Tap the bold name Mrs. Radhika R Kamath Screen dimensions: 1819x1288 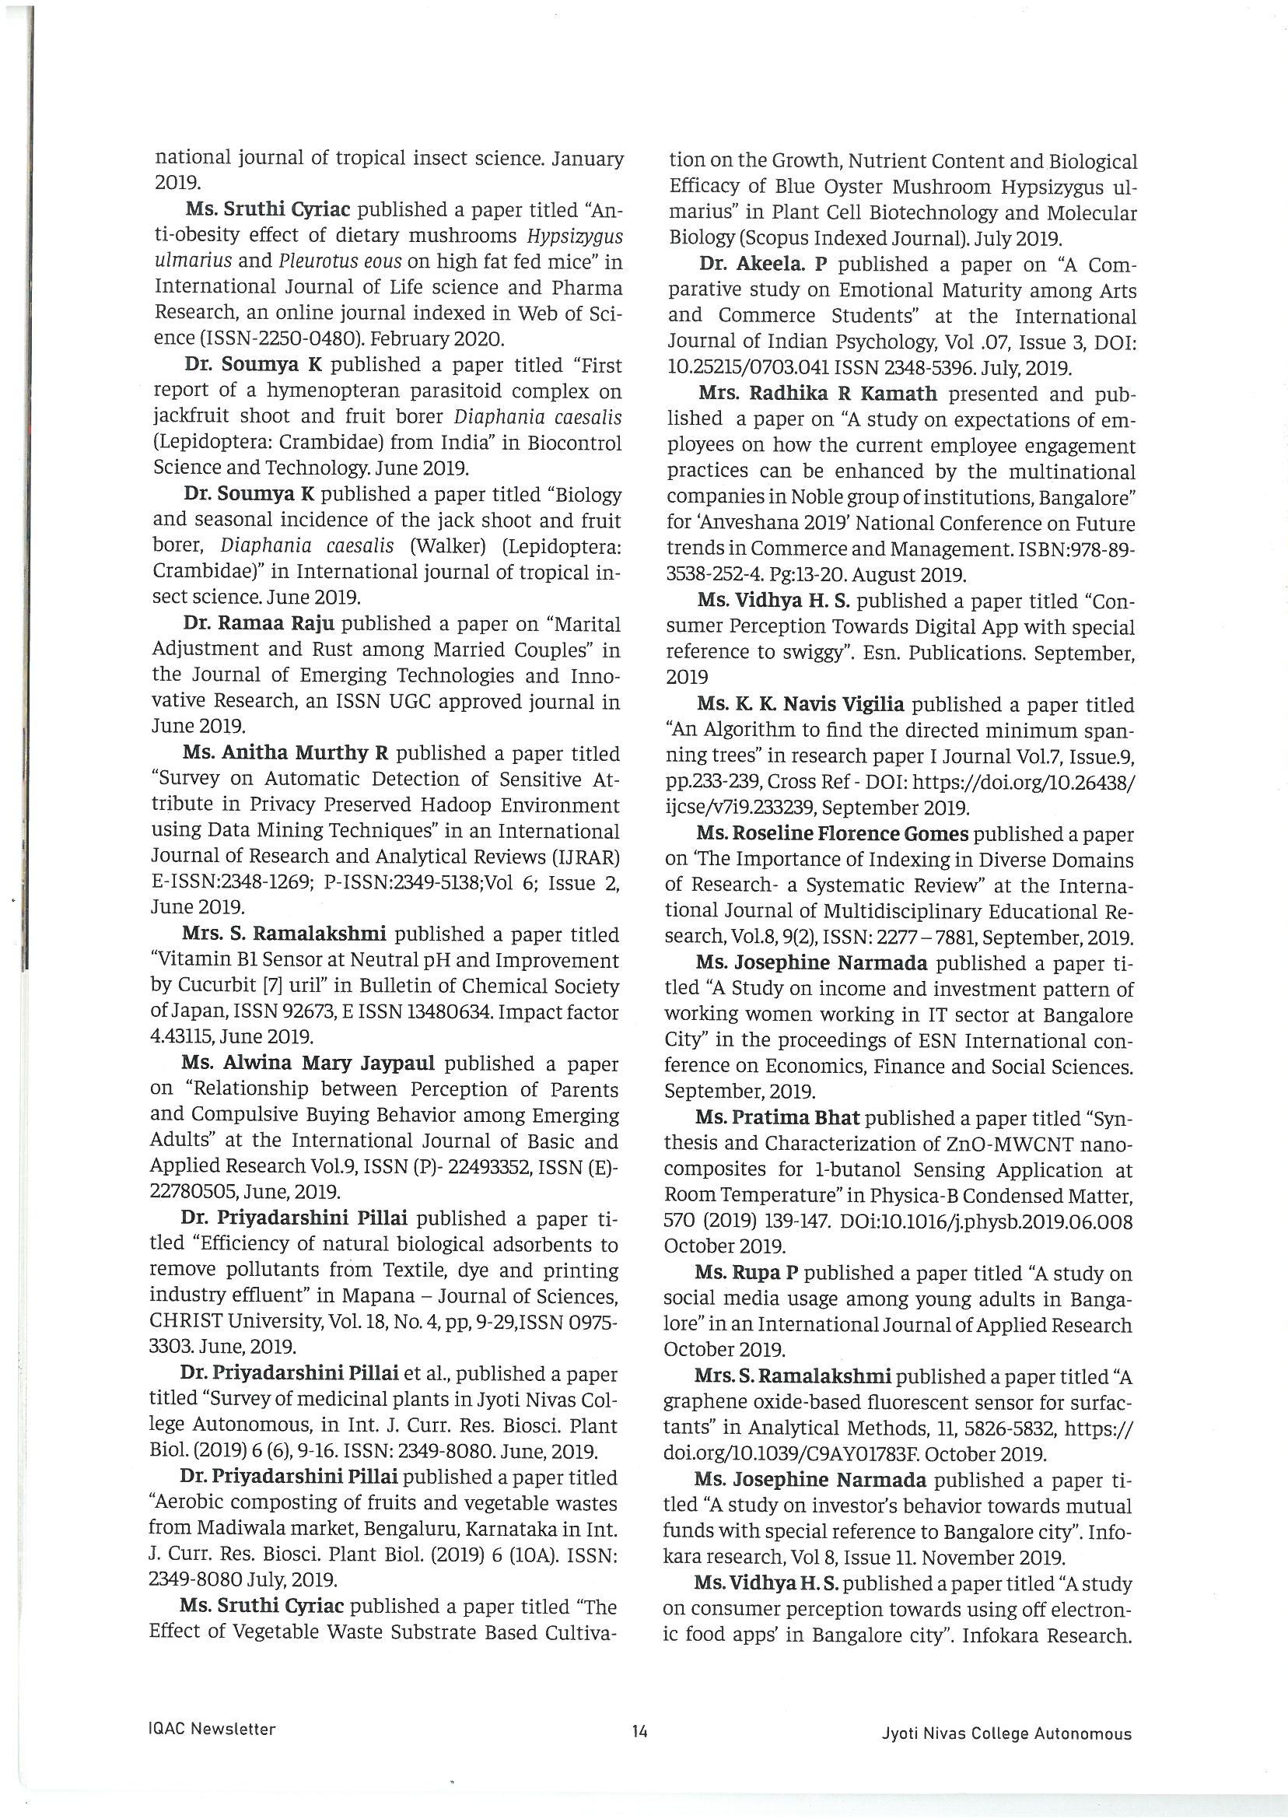click(817, 394)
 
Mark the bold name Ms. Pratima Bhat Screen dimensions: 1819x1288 click(777, 1118)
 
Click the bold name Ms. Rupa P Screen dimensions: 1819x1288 click(746, 1272)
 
